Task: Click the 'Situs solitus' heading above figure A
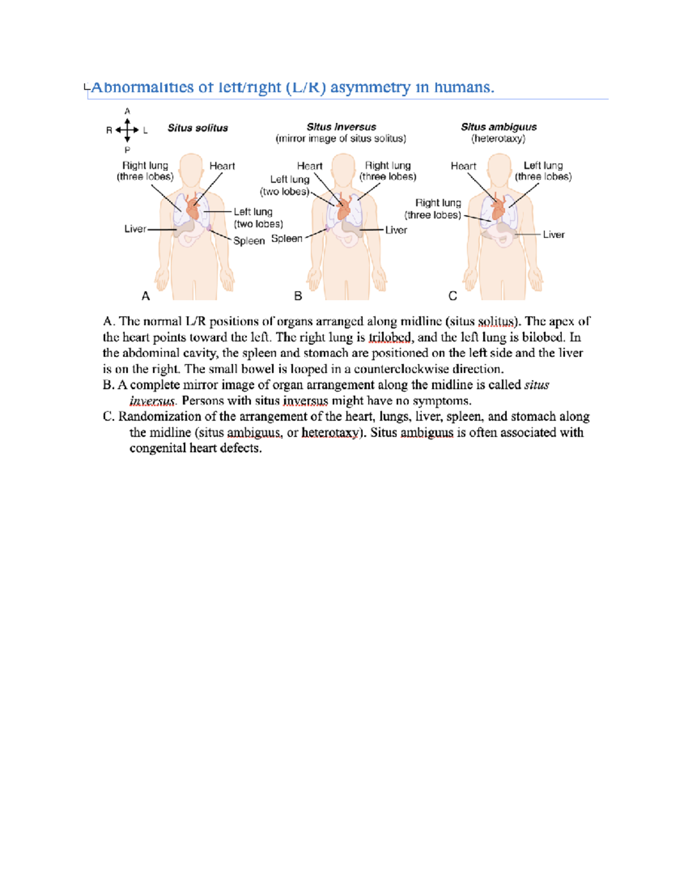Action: point(197,128)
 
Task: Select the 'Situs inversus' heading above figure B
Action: point(341,127)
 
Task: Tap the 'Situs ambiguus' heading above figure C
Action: point(499,127)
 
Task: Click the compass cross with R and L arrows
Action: point(127,130)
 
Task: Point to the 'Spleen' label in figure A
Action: point(249,241)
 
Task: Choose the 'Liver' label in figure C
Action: point(553,234)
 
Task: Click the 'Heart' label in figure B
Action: point(310,166)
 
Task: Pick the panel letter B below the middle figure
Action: point(298,296)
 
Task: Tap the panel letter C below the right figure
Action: point(452,296)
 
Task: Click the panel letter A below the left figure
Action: point(146,296)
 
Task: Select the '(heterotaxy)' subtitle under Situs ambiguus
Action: point(498,139)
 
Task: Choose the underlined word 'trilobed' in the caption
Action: point(389,338)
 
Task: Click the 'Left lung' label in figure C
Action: point(543,166)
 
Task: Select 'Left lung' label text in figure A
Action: point(253,212)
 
